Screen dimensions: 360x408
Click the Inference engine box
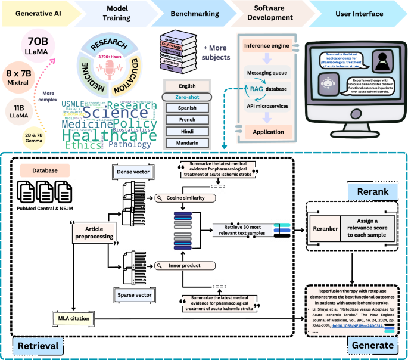pyautogui.click(x=268, y=45)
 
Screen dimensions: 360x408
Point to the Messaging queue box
pyautogui.click(x=268, y=73)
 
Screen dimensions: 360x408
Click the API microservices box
pyautogui.click(x=268, y=106)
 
